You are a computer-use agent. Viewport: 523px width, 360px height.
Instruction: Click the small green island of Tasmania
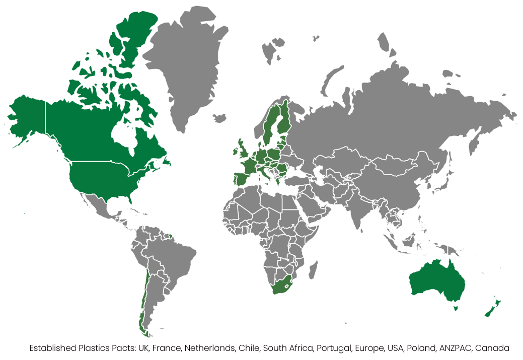tap(455, 308)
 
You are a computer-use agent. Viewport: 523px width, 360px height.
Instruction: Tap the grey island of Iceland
tap(219, 118)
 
